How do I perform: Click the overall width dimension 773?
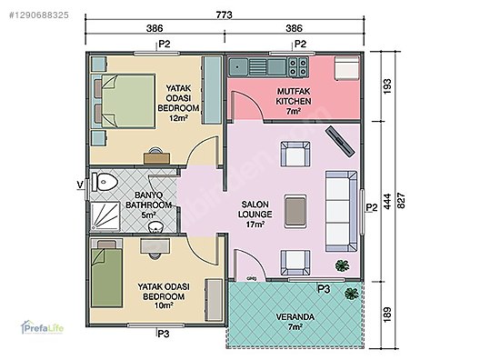tap(223, 15)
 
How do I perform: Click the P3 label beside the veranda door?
tap(324, 288)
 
